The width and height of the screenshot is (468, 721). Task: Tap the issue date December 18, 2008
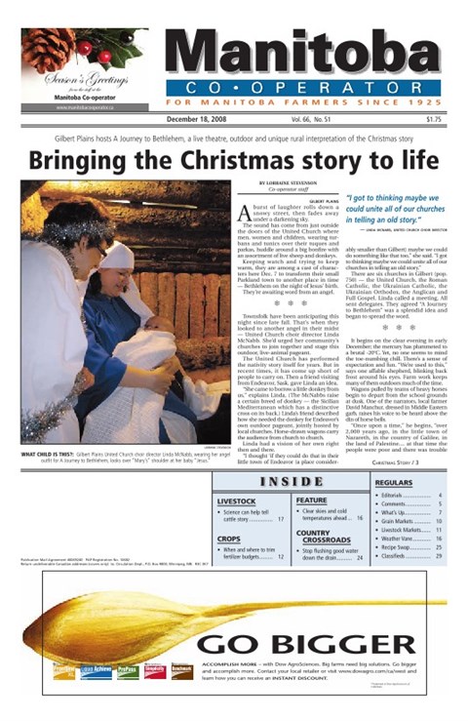200,119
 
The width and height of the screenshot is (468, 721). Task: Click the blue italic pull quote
390,207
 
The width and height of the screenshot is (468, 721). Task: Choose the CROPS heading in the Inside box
229,539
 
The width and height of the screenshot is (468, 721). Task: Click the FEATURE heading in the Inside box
311,501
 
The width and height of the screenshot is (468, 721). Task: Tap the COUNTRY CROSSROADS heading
327,536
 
